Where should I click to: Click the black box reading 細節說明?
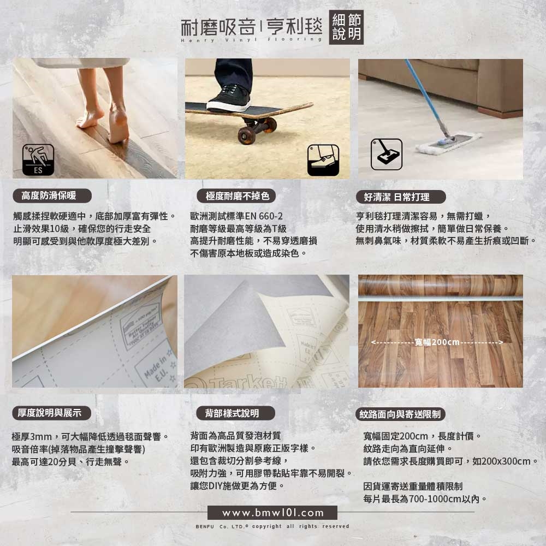point(346,27)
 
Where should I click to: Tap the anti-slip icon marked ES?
point(38,160)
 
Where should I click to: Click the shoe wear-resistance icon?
point(323,160)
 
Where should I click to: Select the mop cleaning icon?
point(387,155)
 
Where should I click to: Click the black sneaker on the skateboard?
point(229,98)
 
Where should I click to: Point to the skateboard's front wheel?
point(247,135)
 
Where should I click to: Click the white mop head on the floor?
point(449,143)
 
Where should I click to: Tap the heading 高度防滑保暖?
point(52,195)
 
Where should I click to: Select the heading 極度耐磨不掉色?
point(236,196)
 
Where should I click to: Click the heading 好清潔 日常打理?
point(401,197)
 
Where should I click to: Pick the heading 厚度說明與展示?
point(52,413)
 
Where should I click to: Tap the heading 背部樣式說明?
point(236,413)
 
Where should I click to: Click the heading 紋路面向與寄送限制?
point(400,414)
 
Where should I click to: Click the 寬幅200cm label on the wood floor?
point(437,342)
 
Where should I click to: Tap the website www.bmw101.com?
point(272,513)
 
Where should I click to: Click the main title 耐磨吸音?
point(218,27)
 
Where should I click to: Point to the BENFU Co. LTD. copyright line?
point(272,526)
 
